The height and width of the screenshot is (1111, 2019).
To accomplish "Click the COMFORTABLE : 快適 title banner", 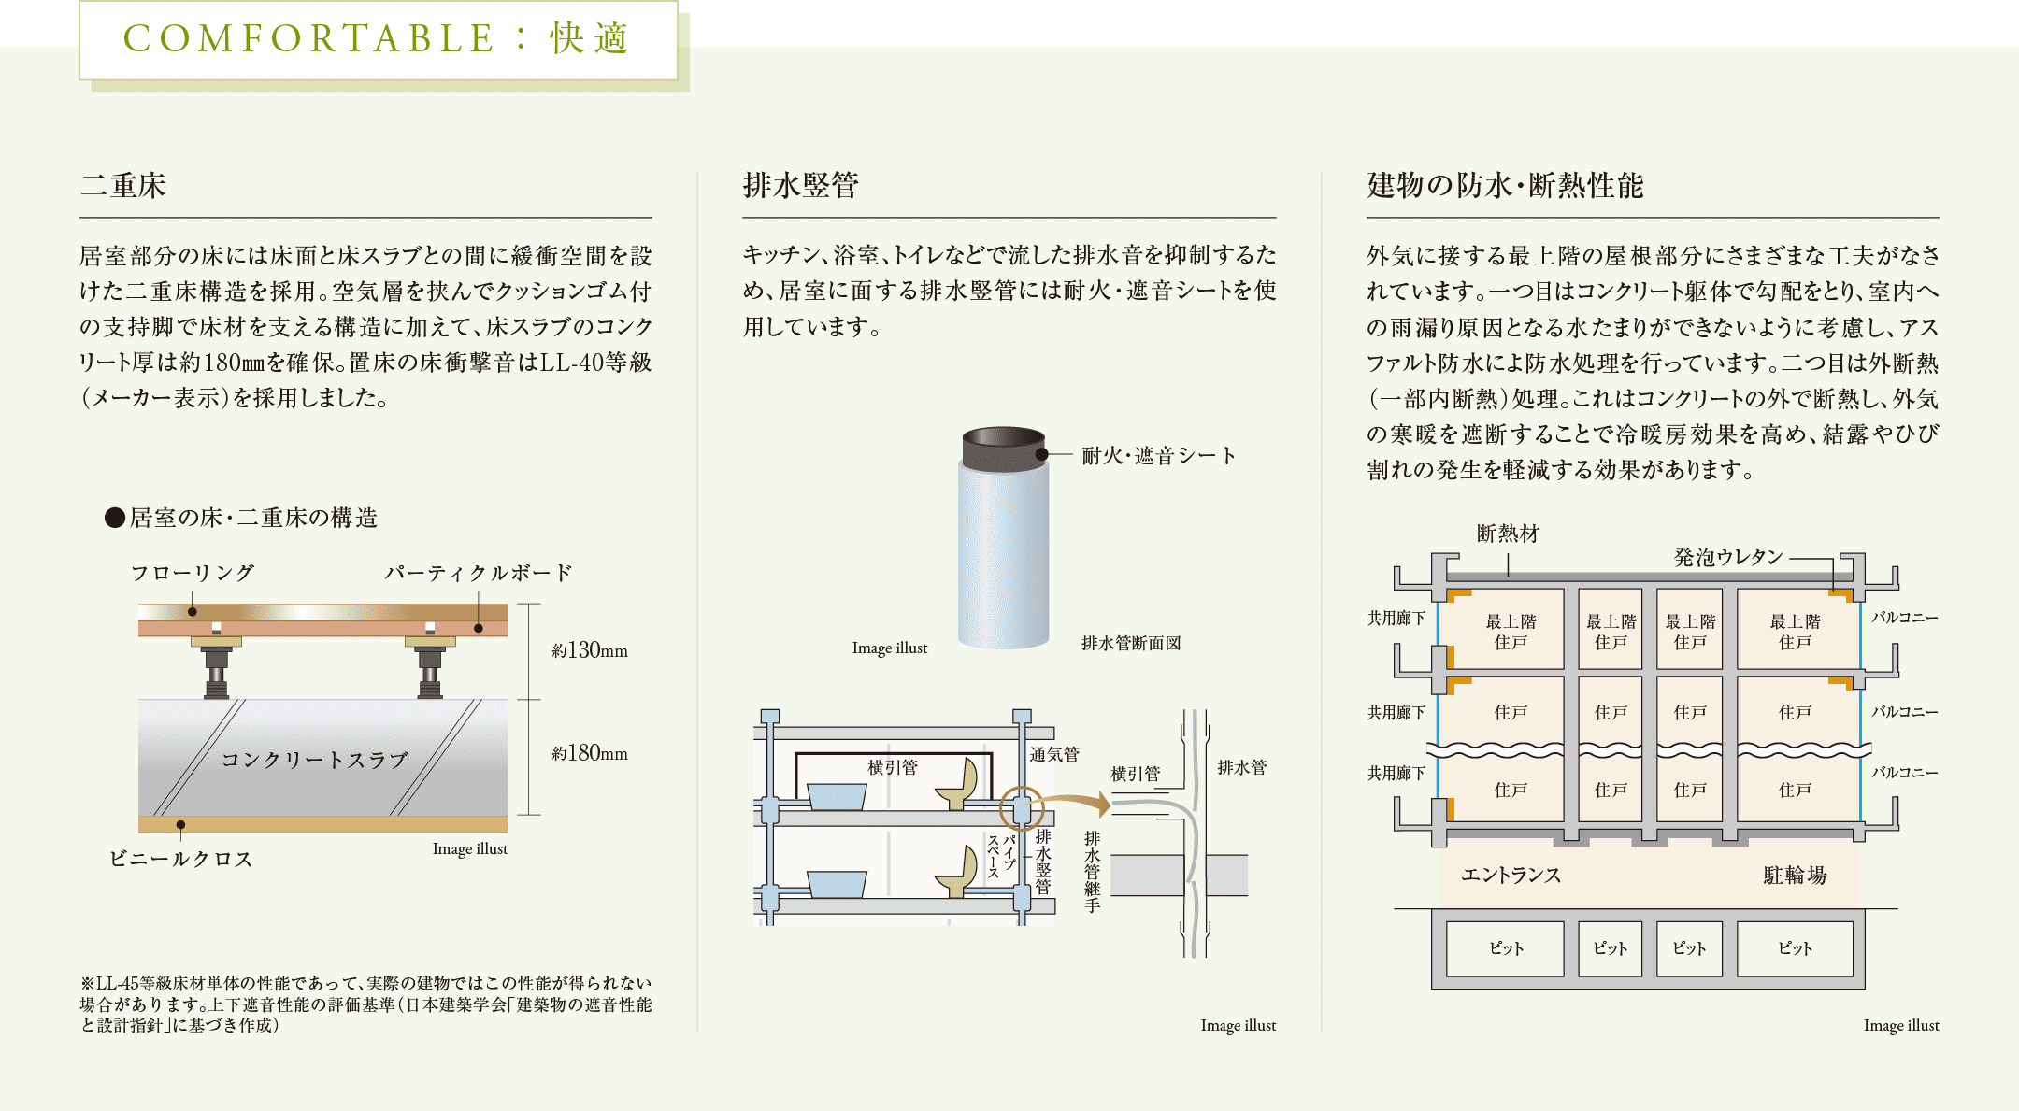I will click(378, 39).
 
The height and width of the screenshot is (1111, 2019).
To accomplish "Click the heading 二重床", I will click(123, 185).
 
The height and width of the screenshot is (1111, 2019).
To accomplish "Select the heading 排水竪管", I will click(800, 185).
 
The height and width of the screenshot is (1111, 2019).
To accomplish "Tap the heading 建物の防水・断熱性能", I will click(1505, 185).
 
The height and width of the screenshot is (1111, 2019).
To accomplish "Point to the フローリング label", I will click(193, 573).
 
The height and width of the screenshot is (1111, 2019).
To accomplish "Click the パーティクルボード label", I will click(479, 573).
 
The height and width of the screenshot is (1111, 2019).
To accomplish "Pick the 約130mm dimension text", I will click(590, 650).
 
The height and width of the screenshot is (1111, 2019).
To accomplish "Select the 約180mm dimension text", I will click(590, 753).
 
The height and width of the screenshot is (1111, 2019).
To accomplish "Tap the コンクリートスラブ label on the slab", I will click(315, 760).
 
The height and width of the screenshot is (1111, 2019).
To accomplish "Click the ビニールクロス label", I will click(181, 859).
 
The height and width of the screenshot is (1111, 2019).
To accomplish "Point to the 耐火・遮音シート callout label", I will click(1159, 456).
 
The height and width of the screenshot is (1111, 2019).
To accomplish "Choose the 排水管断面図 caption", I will click(1131, 643).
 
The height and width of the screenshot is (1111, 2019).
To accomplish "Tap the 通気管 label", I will click(1054, 754).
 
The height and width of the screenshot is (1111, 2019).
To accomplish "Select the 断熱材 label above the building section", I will click(1508, 534).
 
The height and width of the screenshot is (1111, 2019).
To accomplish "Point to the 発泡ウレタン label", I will click(1728, 558).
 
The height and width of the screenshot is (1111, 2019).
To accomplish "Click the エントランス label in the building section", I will click(1511, 875).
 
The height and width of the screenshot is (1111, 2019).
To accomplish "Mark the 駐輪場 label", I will click(1795, 875).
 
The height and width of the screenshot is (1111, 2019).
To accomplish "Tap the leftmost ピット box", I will click(1505, 948).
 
